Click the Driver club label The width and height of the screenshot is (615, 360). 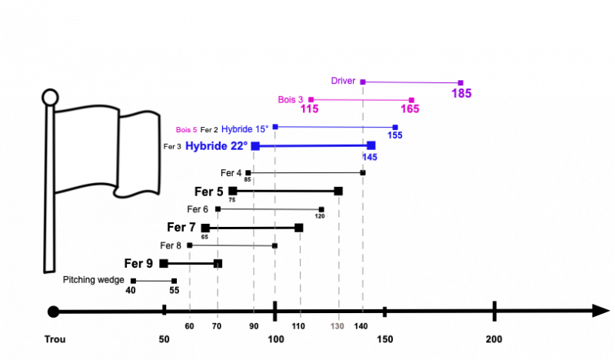click(343, 81)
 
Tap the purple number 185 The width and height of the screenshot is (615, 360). click(461, 93)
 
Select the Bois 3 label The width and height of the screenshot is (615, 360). click(291, 100)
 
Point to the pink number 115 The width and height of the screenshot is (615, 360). click(310, 108)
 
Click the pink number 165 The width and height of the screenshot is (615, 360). click(410, 108)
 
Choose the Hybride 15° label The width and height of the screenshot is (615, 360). click(245, 129)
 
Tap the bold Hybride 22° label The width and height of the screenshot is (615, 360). click(217, 146)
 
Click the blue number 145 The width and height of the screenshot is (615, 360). click(370, 157)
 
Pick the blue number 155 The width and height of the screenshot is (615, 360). click(395, 135)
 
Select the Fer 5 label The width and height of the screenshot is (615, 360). click(209, 192)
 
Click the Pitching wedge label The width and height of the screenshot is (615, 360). click(93, 280)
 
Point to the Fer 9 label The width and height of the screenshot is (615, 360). click(138, 263)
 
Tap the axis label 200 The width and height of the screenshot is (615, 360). click(494, 339)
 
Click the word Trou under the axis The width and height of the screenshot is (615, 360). click(55, 339)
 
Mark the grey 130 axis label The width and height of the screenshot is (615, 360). click(337, 326)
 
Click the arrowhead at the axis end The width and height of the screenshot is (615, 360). click(601, 311)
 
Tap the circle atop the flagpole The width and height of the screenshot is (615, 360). click(50, 98)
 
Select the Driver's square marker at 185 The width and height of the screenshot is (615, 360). click(460, 83)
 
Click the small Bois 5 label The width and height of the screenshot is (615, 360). click(186, 130)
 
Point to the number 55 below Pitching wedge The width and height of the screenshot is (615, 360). click(175, 291)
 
